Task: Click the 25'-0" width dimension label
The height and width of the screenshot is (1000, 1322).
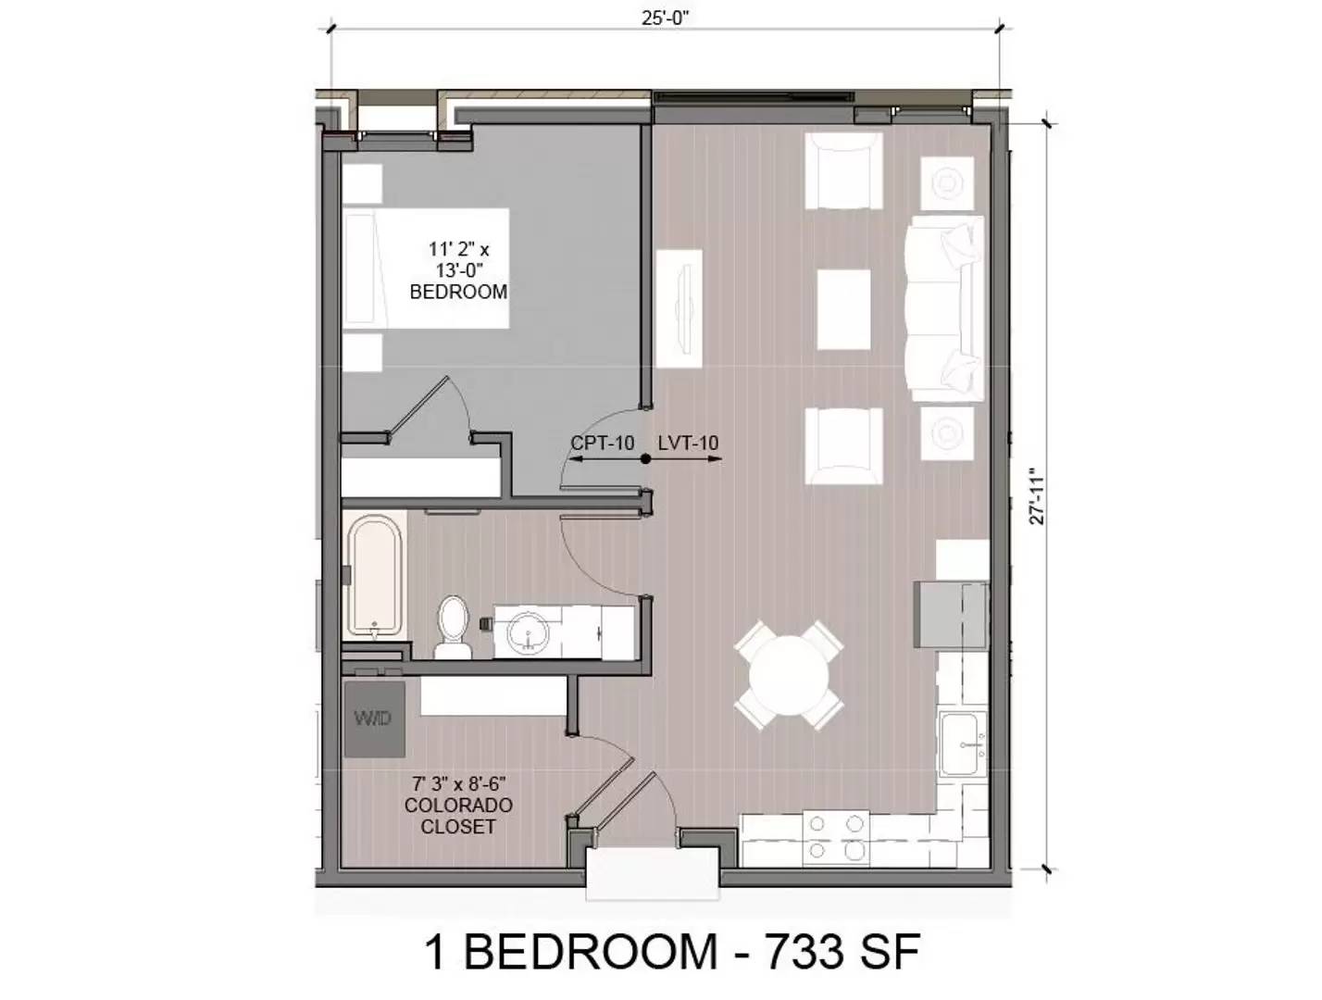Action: point(666,17)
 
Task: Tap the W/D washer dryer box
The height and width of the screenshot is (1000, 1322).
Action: point(375,719)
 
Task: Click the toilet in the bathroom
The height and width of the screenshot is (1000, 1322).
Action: point(453,627)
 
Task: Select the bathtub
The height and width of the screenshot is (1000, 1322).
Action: point(376,579)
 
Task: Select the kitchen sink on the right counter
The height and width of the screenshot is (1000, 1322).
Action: point(965,744)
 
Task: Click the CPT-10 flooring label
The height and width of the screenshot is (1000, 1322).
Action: point(602,444)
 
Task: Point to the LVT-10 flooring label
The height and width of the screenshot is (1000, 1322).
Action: point(688,444)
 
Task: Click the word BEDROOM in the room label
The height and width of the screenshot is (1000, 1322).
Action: point(458,292)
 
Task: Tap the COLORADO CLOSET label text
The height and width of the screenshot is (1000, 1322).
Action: point(458,816)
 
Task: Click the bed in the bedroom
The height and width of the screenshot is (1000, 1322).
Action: point(427,269)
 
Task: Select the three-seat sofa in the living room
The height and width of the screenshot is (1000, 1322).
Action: point(943,307)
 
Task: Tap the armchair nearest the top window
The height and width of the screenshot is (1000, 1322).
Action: point(843,171)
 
